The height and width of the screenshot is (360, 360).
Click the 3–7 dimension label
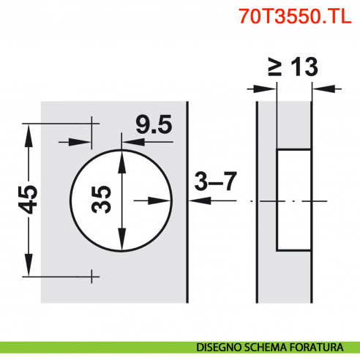coord(215,181)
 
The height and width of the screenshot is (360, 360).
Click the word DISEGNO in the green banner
coord(218,346)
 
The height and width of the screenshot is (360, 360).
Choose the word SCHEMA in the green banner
coord(269,346)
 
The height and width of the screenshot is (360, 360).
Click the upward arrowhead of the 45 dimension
coord(29,130)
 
